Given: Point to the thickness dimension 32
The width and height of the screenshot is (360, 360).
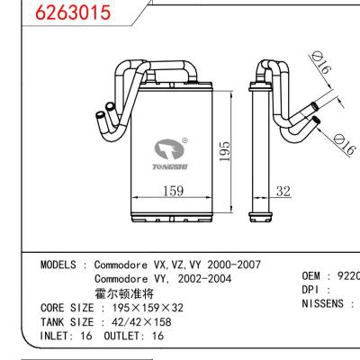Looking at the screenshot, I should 283,191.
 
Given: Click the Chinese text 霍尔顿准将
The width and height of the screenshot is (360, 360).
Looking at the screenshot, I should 124,293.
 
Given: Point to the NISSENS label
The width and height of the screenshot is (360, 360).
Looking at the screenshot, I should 322,304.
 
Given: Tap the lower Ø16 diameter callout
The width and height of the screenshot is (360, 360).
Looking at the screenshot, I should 343,140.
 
